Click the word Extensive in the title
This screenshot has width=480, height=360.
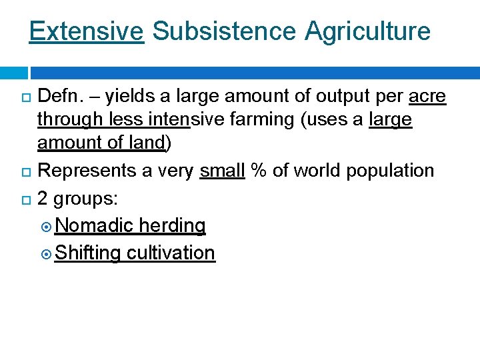86,31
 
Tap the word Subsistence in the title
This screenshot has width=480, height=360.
225,31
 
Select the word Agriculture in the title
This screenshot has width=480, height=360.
368,31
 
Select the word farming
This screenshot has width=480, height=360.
269,121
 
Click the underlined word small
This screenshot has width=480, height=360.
222,171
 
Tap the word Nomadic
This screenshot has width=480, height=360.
95,226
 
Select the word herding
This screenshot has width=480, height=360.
172,226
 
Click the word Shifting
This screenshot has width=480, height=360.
88,253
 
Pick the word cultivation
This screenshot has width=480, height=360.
171,253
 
